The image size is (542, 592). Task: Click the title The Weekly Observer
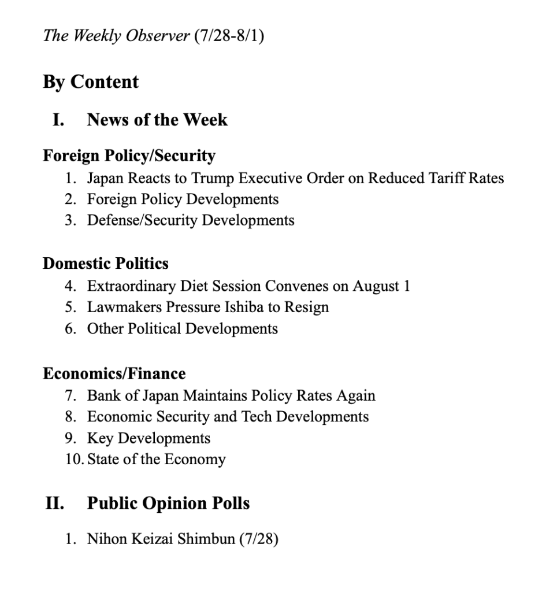116,36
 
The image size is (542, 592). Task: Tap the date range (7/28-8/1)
229,36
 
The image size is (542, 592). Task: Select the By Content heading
91,82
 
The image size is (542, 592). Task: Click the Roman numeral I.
58,120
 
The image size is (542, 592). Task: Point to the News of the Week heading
157,120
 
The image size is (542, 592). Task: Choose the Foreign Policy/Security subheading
129,156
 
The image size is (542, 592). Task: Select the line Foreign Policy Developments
183,199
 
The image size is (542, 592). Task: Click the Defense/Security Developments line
191,220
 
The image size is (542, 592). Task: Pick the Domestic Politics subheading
106,264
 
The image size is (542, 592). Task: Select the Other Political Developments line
182,328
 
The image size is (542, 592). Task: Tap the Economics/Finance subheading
114,373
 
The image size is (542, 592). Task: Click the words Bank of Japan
133,395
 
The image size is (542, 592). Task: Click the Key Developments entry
149,438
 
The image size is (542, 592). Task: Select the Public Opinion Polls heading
168,503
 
